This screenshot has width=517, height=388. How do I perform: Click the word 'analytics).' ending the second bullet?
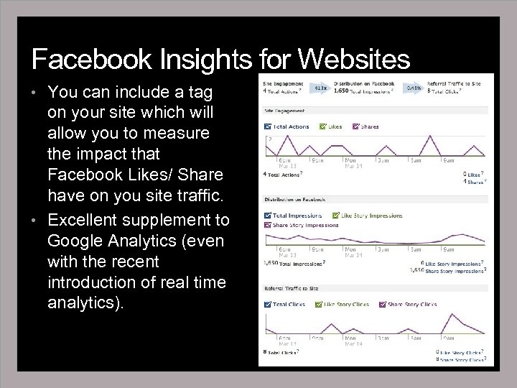click(85, 303)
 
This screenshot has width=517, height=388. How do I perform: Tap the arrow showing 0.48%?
click(414, 87)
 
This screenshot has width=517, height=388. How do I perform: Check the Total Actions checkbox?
click(267, 126)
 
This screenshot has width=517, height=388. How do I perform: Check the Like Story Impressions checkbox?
click(336, 215)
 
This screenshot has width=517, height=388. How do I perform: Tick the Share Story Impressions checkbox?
click(267, 224)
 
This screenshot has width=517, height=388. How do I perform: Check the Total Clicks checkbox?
click(267, 304)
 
